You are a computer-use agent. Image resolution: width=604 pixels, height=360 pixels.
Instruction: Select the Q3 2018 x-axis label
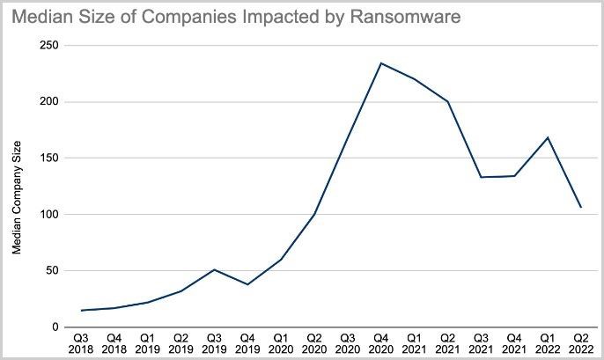[x=80, y=342]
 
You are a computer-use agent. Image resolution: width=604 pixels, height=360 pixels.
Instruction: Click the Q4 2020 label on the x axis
[x=381, y=342]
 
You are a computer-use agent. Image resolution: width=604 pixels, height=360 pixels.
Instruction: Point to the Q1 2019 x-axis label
[x=147, y=342]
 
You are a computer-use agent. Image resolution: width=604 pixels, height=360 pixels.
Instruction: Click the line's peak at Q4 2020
[x=381, y=62]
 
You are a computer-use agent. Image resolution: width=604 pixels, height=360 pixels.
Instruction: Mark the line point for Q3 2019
[x=214, y=269]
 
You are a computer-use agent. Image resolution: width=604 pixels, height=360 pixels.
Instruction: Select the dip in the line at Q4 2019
[x=247, y=284]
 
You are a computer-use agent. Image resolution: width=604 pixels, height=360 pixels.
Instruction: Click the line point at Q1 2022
[x=549, y=137]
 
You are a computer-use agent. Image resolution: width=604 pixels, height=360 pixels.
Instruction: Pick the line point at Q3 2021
[x=482, y=177]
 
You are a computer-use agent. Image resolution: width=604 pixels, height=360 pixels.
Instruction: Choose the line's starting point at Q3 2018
[x=80, y=310]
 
